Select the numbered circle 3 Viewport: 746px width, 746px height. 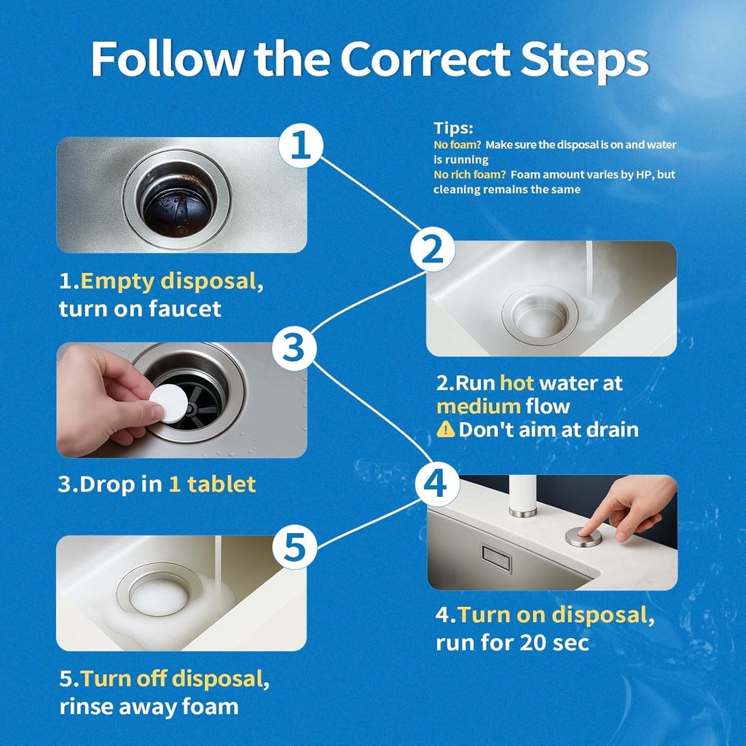294,348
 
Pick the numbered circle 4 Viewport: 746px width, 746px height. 437,484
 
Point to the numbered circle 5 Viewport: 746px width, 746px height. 294,546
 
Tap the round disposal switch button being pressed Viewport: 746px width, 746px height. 584,538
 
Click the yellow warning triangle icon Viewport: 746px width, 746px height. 445,430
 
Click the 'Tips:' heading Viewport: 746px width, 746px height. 453,128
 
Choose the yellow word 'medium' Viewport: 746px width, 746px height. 479,406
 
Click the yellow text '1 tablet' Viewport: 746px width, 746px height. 212,484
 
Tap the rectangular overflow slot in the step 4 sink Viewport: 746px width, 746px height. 496,559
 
